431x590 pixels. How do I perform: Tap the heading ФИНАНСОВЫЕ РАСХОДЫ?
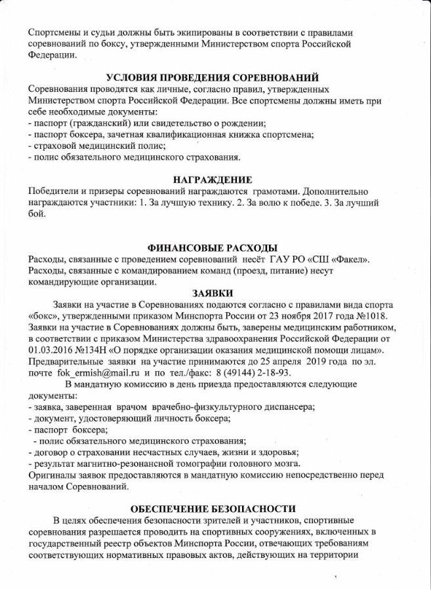[x=213, y=248]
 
